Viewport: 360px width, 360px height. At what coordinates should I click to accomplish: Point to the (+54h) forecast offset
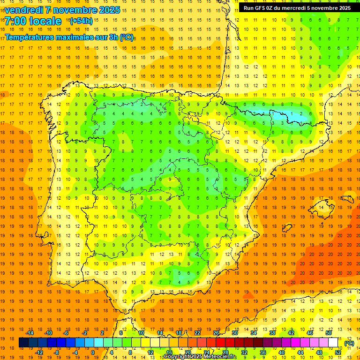81,21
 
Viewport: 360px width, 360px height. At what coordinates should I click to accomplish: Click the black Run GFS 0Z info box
297,8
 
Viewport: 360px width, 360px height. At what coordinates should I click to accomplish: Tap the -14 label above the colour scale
30,333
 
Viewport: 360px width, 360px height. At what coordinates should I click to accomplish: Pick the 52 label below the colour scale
338,352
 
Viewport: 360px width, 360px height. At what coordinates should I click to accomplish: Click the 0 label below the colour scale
93,352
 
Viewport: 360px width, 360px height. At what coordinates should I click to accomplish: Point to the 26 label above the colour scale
216,333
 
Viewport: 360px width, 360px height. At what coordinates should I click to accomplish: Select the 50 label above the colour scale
329,333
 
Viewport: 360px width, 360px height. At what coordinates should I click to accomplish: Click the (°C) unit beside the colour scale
349,343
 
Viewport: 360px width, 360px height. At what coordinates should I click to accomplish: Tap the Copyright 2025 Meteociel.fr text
200,357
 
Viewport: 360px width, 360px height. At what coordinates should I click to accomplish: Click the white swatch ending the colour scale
333,343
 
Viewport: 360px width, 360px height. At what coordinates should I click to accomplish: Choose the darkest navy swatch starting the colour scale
23,343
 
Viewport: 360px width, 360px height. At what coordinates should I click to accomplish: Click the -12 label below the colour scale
39,352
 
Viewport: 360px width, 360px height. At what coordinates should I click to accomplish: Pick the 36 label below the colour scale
263,352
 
